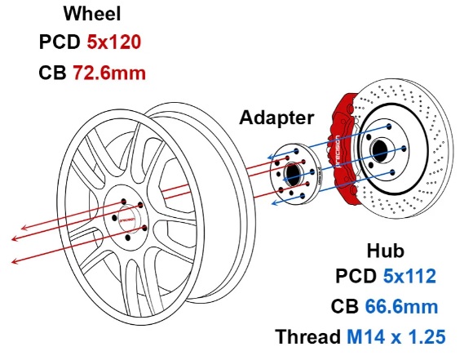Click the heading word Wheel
(92, 14)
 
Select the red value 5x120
(114, 42)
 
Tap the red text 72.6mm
(109, 73)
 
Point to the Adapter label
(276, 118)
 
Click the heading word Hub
(385, 251)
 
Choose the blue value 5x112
(409, 276)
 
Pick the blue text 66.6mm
(401, 307)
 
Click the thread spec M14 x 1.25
(396, 337)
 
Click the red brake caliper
(344, 148)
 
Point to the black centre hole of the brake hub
(379, 149)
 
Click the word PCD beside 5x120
(60, 42)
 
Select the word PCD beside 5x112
(356, 276)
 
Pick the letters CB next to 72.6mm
(52, 73)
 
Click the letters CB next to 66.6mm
(345, 307)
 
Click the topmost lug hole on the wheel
(123, 202)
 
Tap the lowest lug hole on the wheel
(128, 238)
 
